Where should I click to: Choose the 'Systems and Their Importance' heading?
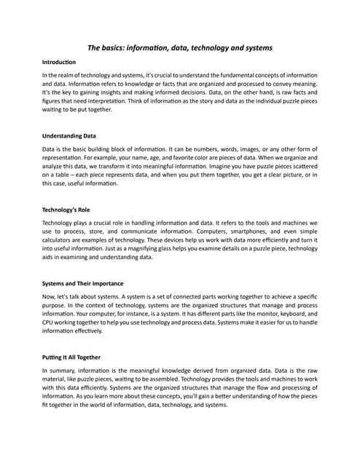point(83,283)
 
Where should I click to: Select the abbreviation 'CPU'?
point(50,323)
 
